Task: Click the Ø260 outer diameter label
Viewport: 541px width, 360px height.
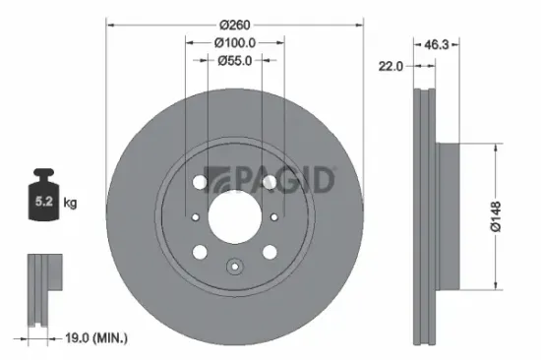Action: [234, 23]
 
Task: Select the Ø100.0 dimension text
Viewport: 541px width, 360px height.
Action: [234, 42]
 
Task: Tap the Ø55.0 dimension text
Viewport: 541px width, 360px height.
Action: [234, 60]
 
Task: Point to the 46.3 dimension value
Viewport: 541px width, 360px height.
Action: [437, 44]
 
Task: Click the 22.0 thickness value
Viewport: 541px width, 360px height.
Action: [392, 66]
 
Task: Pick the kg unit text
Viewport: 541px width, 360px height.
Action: [71, 204]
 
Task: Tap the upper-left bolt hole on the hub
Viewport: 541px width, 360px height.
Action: [202, 183]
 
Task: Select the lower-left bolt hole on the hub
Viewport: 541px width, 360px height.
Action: [202, 251]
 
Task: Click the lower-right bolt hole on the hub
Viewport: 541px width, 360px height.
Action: [268, 251]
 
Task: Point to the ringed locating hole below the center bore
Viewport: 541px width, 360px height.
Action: [234, 265]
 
